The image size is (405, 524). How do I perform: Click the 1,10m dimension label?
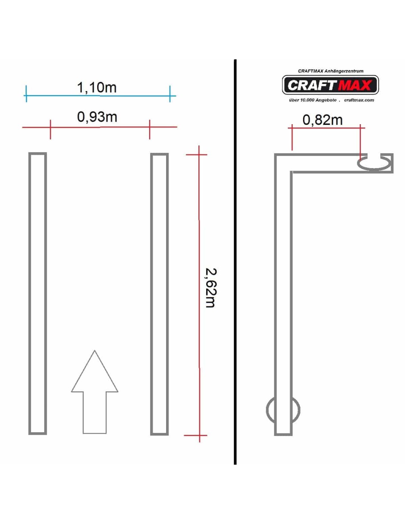96,87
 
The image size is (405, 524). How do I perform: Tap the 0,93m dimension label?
97,117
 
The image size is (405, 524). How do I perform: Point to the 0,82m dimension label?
323,120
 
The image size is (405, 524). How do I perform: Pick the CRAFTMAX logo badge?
330,85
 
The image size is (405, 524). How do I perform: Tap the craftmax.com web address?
359,100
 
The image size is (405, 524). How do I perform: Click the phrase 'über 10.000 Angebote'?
313,100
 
